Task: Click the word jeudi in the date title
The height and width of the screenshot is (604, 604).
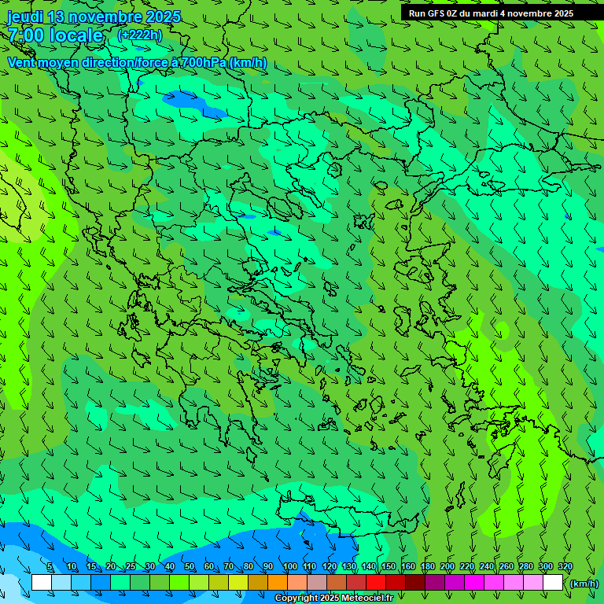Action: pos(25,17)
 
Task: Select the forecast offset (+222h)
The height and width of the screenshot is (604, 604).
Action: pos(139,35)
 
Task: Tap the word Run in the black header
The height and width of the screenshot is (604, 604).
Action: pos(418,13)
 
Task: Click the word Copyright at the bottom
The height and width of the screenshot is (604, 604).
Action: pos(296,598)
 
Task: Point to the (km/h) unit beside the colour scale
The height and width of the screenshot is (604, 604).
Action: pos(584,584)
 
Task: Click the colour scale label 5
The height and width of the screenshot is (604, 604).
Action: pos(50,567)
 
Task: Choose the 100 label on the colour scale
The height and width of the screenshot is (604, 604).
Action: pos(290,567)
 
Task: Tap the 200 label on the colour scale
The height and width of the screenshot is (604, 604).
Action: pos(447,567)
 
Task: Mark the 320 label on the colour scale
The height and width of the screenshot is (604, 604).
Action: pos(565,567)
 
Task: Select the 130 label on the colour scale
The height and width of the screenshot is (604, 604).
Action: pos(349,567)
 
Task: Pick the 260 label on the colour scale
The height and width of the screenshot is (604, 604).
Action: pos(506,567)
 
